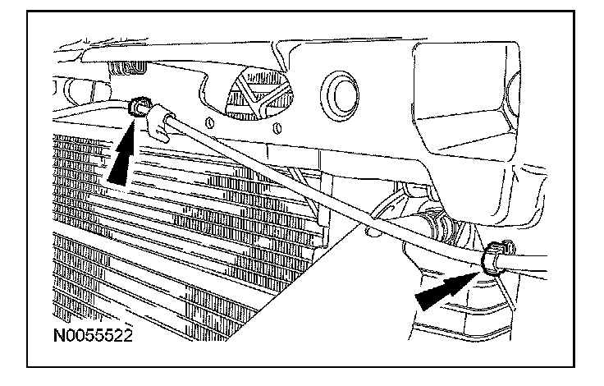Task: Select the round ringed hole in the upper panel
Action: click(x=339, y=89)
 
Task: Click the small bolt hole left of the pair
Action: click(x=212, y=122)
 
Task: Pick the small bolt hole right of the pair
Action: click(x=277, y=126)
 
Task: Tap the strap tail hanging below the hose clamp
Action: click(x=507, y=304)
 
